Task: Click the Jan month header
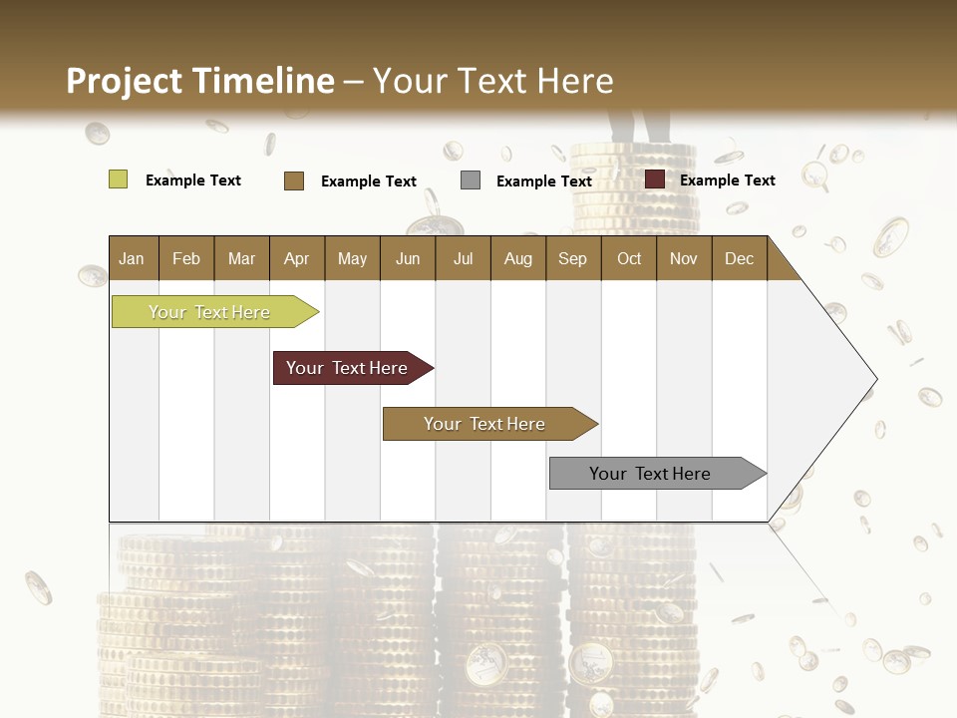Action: pos(132,258)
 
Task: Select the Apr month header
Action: pos(296,258)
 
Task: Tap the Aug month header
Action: pos(517,258)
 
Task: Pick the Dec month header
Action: pos(739,258)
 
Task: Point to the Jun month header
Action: pos(407,258)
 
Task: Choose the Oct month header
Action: pos(628,258)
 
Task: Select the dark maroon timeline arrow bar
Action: pos(350,368)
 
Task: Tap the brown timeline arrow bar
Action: pos(487,424)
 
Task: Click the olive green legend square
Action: pos(118,179)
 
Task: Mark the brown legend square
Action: pos(294,180)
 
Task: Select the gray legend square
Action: pos(471,180)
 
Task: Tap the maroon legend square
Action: pos(655,179)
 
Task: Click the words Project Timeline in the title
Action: pos(199,81)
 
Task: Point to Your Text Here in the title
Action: pos(492,81)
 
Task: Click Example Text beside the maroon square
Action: pos(727,180)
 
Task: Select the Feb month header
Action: pos(186,258)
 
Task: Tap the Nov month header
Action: pos(683,258)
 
